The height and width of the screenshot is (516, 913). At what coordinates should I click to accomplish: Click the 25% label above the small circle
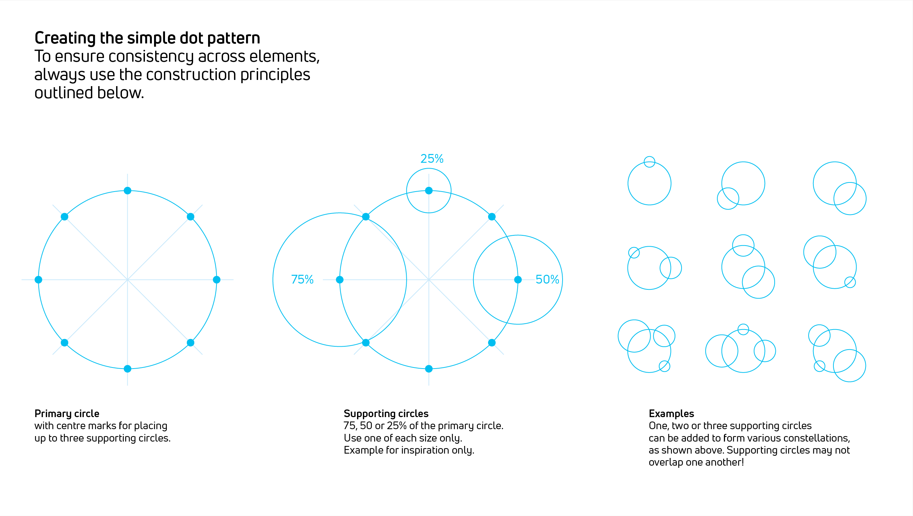point(432,159)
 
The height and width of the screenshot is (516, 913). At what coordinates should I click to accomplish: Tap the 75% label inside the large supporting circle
point(302,280)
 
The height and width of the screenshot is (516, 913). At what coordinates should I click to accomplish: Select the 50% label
point(547,280)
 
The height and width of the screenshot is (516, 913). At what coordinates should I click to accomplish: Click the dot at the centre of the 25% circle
point(429,190)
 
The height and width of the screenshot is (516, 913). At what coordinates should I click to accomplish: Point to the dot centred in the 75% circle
point(340,280)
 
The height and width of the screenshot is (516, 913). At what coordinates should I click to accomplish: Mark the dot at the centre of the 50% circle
point(518,280)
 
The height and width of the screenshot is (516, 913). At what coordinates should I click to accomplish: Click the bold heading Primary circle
point(67,414)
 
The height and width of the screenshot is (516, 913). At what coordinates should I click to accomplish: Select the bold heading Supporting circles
point(386,414)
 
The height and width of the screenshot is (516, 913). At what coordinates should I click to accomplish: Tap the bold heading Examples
point(671,414)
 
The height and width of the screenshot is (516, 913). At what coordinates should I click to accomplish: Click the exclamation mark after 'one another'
point(743,462)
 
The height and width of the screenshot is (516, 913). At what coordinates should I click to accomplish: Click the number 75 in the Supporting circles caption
point(349,426)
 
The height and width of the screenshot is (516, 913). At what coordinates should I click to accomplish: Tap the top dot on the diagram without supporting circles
point(127,190)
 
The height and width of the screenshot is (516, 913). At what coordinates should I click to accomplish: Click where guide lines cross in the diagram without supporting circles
point(127,280)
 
